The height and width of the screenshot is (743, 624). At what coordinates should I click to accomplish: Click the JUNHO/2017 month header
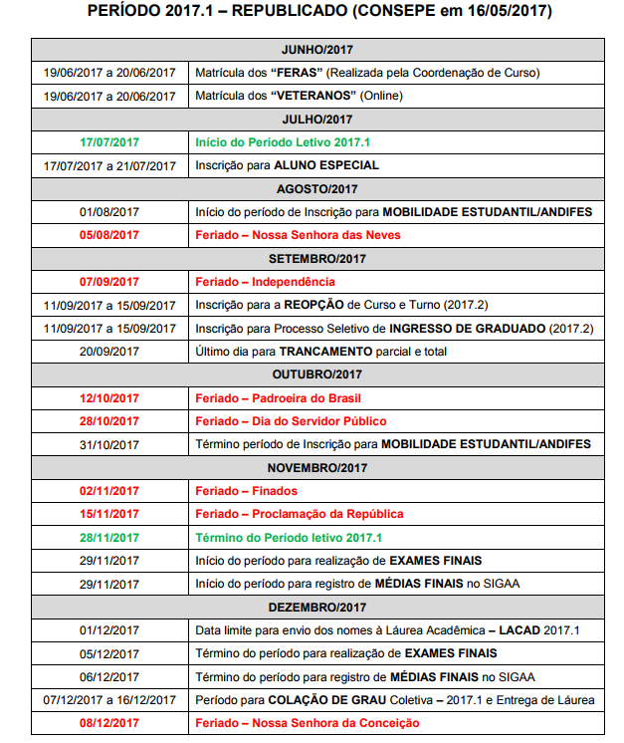(x=317, y=50)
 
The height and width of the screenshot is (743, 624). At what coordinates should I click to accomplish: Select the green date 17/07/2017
(x=109, y=142)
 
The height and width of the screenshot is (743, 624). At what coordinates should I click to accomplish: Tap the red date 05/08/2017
(x=109, y=235)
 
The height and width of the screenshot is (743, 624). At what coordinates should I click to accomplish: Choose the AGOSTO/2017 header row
(x=317, y=188)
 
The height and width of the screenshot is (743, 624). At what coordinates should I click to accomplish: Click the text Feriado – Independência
(x=266, y=282)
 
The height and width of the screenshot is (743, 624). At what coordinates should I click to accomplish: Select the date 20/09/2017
(x=109, y=351)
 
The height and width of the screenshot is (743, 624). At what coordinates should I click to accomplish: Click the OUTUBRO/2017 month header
(x=317, y=374)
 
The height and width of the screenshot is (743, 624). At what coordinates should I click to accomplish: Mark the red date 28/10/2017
(x=109, y=420)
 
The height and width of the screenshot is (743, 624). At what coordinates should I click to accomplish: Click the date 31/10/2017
(x=109, y=444)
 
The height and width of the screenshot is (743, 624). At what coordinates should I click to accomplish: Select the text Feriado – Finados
(x=247, y=491)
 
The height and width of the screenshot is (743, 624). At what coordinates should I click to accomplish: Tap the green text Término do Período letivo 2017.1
(x=289, y=537)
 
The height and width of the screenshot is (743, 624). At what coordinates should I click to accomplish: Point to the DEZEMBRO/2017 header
(x=317, y=607)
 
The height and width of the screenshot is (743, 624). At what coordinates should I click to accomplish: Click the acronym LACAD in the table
(x=520, y=630)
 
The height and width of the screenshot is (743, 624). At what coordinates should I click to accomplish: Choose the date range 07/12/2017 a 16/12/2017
(x=109, y=700)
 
